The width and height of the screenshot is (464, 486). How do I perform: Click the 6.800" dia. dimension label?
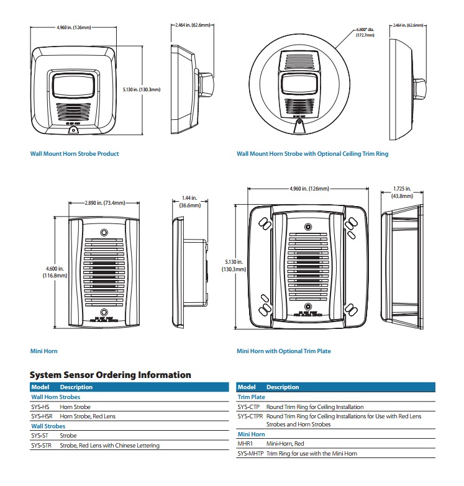365,33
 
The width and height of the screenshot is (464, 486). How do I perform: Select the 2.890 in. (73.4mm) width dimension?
105,203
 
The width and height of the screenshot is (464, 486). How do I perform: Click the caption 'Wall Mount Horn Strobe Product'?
75,153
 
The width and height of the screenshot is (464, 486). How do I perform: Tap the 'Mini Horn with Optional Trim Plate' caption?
283,351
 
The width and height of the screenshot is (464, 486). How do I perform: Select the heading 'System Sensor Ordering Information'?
111,375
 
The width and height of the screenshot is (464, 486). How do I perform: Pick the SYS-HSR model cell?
42,416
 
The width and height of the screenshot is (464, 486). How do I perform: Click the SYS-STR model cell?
42,445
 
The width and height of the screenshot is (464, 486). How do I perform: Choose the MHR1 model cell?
245,444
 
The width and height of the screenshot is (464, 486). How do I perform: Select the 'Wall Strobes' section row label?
48,426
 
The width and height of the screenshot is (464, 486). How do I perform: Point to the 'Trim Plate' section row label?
252,397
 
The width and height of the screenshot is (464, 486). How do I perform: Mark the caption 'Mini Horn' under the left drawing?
44,351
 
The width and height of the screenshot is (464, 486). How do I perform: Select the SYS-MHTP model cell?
250,453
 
